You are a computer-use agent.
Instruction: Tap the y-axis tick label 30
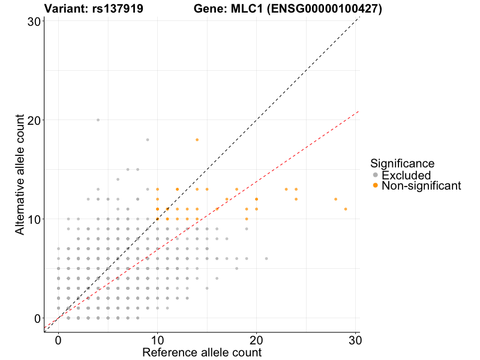coord(34,21)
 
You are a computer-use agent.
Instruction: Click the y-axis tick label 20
coord(34,120)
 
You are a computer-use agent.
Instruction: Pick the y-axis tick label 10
coord(34,219)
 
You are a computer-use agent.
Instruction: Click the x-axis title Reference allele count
coord(202,352)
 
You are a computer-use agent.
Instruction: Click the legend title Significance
coord(402,163)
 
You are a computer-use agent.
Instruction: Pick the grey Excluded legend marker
coord(376,175)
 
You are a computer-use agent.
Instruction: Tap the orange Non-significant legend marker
coord(376,186)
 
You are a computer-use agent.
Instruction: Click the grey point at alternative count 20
coord(98,120)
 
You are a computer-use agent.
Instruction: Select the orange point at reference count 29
coord(346,209)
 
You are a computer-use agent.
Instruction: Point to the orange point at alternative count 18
coord(197,140)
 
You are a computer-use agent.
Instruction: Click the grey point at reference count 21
coord(266,259)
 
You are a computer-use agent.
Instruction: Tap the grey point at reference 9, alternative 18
coord(148,140)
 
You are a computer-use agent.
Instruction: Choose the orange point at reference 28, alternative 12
coord(335,199)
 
